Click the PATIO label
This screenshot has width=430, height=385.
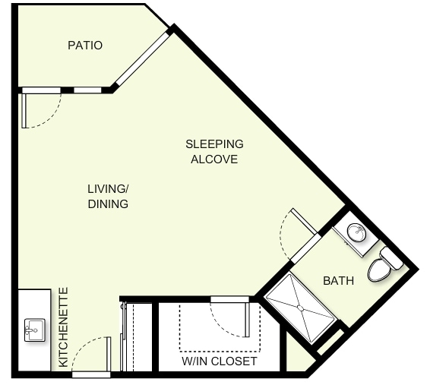point(85,46)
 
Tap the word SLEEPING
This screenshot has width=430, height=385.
point(214,144)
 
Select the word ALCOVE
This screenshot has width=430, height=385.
point(214,159)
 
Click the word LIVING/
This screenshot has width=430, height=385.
point(108,189)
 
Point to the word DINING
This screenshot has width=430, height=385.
point(108,204)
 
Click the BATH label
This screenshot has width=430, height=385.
point(338,281)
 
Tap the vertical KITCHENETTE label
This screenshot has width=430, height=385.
point(63,327)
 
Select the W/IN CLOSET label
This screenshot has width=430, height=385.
point(220,361)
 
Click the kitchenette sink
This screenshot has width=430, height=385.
point(34,330)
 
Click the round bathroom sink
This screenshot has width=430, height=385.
point(356,233)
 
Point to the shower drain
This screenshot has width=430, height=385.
point(301,308)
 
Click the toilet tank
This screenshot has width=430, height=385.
point(391,258)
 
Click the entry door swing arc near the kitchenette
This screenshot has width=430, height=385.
point(83,346)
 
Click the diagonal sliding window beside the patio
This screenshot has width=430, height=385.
point(142,59)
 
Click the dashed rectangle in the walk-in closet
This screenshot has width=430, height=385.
point(220,352)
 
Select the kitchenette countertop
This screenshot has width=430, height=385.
point(34,330)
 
